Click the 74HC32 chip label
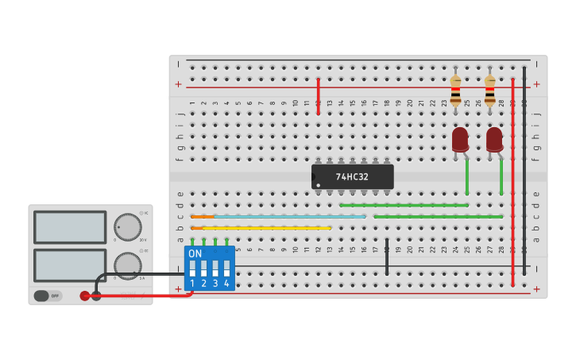tap(352, 176)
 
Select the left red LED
tap(460, 140)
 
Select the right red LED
tap(494, 140)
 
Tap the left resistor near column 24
tap(455, 91)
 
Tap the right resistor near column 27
tap(489, 91)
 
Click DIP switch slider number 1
tap(192, 268)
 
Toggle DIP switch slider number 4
tap(226, 268)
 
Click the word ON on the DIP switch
tap(195, 254)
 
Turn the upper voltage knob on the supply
tap(127, 227)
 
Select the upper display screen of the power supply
tap(70, 227)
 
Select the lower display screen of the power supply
tap(70, 265)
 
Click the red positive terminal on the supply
tap(85, 296)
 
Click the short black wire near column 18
tap(387, 256)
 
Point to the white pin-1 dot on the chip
tap(319, 186)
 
